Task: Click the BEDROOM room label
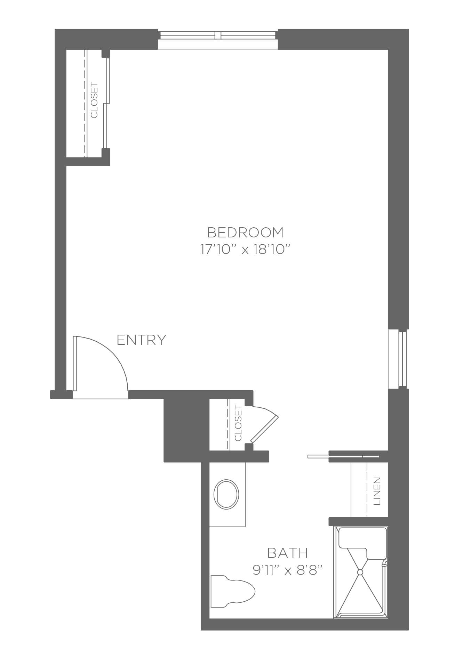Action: click(245, 232)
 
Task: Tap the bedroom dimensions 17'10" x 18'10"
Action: click(245, 249)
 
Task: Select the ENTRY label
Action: click(142, 340)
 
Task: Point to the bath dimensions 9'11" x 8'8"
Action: click(287, 570)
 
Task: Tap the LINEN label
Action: click(377, 491)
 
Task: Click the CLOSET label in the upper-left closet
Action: click(94, 100)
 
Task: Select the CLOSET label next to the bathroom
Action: click(238, 423)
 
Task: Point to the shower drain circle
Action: click(360, 571)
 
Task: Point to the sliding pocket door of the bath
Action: click(343, 456)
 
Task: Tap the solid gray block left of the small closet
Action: click(186, 430)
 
